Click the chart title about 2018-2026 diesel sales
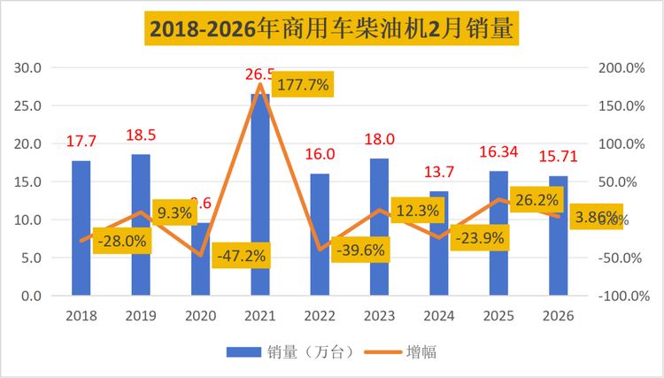[x=332, y=29]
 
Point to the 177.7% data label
[x=303, y=85]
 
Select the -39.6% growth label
[x=360, y=251]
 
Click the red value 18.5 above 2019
[x=141, y=137]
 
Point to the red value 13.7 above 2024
[x=440, y=173]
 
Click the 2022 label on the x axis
[x=320, y=315]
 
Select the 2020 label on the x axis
[x=201, y=315]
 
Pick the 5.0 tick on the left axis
[x=32, y=258]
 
